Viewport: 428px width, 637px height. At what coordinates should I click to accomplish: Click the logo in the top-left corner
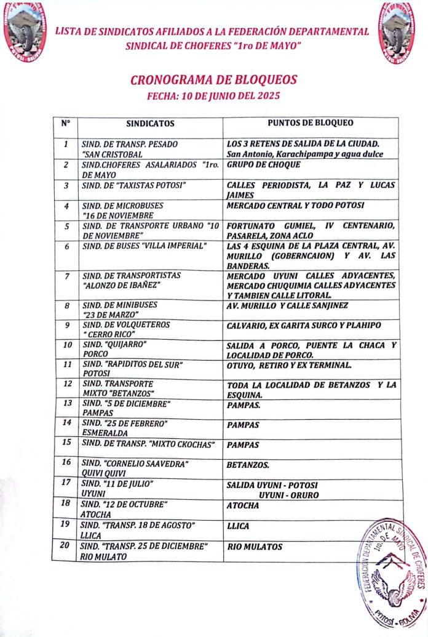24,31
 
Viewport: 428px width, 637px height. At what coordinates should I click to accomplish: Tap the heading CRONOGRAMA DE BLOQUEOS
213,80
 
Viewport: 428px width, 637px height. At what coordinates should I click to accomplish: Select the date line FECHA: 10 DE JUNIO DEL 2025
213,96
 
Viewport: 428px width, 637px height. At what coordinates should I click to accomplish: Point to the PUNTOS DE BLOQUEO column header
311,122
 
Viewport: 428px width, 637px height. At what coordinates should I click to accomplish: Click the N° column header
66,123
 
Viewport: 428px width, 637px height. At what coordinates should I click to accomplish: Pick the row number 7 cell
66,275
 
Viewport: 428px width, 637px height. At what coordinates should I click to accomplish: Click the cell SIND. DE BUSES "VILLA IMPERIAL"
143,246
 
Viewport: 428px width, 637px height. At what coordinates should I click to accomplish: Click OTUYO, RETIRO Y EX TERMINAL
289,366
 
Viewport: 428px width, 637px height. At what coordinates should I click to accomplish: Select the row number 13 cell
66,403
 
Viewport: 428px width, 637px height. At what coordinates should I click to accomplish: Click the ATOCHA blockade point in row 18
243,506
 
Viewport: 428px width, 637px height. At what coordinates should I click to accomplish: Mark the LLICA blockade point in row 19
239,526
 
